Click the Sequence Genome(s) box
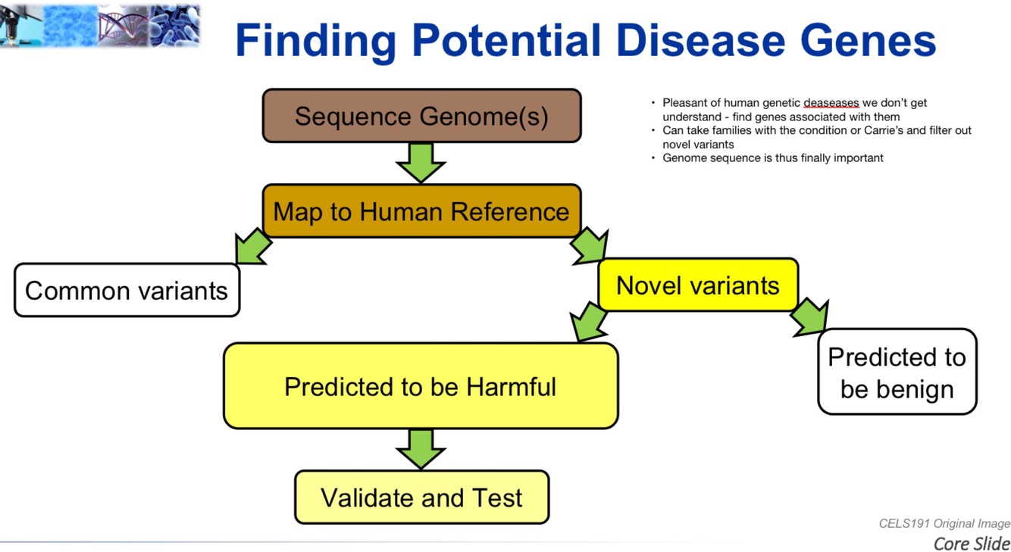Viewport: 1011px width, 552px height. point(421,116)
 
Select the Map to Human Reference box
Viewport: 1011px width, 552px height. point(421,211)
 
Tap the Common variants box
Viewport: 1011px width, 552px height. point(127,290)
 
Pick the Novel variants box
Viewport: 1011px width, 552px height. point(697,285)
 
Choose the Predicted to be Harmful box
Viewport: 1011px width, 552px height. point(421,386)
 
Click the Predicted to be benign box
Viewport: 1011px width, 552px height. point(897,372)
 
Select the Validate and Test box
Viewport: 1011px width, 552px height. point(421,497)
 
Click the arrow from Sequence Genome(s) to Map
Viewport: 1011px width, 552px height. point(421,162)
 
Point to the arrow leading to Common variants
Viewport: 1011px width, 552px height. point(252,247)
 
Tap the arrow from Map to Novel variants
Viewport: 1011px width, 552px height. point(590,246)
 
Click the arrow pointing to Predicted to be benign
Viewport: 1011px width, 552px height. point(810,317)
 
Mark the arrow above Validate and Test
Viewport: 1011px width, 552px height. point(421,449)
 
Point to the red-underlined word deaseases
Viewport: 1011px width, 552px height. point(831,103)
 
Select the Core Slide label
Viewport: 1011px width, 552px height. point(972,543)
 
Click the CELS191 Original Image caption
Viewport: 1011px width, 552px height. point(944,524)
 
